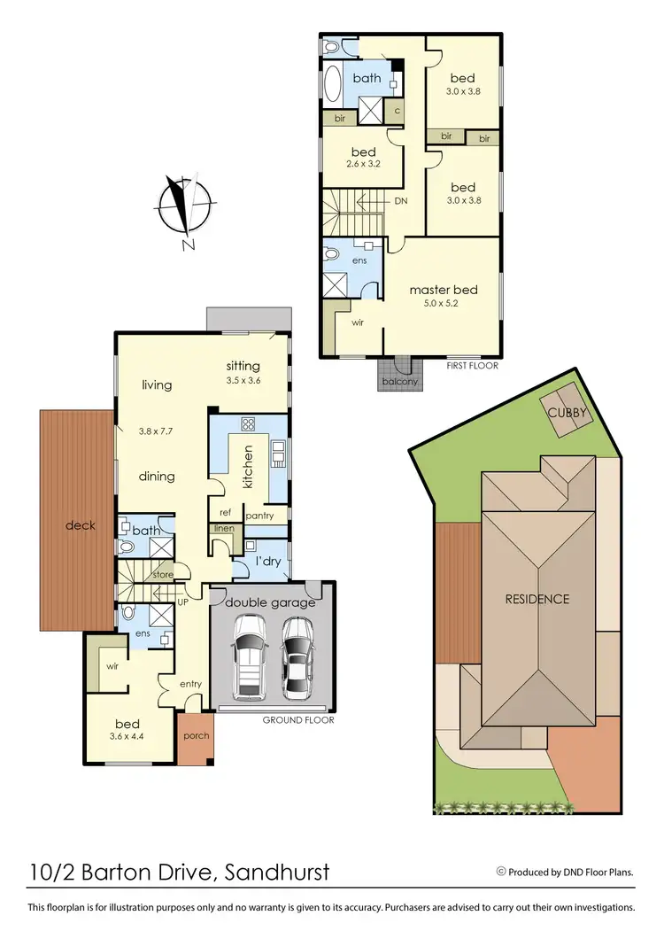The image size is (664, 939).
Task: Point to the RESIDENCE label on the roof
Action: point(537,599)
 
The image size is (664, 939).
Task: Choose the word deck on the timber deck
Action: point(79,525)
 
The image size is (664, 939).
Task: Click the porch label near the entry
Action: point(195,736)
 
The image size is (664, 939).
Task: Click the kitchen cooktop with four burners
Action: point(249,423)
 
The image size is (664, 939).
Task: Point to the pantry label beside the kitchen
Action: point(259,516)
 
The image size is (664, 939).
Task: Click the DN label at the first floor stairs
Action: point(400,201)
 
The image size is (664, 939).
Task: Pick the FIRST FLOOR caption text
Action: point(473,366)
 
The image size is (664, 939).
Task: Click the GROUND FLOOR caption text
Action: point(298,720)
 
